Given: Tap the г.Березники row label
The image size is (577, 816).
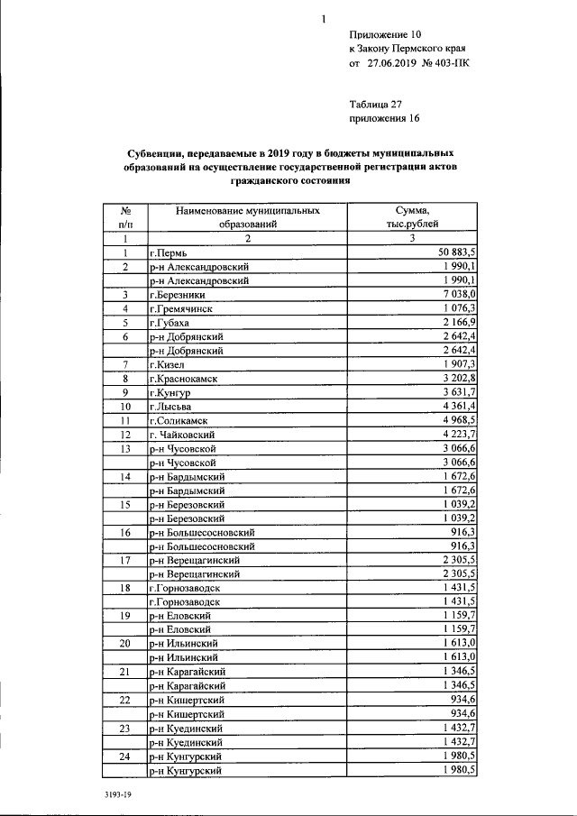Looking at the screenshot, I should coord(179,295).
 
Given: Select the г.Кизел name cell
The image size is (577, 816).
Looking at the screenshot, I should coord(167,364).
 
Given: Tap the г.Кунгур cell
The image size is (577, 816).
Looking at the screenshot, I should coord(169,393).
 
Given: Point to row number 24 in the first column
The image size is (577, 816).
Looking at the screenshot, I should coord(125,756).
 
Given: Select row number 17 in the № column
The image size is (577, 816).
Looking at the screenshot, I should coord(125,560).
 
